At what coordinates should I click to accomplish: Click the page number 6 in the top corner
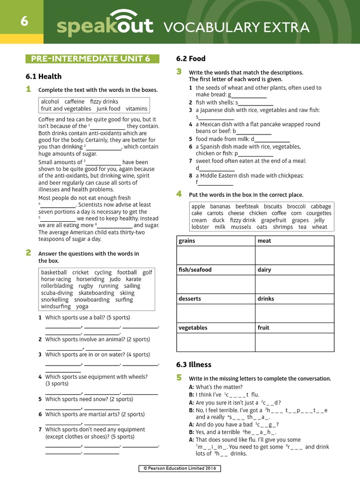coord(22,22)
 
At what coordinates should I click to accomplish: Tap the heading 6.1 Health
coord(44,76)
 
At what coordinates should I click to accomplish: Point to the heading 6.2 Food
coord(191,59)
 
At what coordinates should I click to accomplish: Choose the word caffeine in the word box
coord(75,102)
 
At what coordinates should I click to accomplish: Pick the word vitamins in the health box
coord(136,109)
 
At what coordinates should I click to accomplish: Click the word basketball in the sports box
coord(54,272)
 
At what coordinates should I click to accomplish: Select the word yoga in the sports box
coord(82,307)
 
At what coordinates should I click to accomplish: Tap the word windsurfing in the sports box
coord(56,307)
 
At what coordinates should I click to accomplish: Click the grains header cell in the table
coord(187,241)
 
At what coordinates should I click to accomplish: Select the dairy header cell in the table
coord(264,270)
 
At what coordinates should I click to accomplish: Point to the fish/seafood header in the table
coord(195,270)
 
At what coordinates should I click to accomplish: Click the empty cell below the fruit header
coord(294,342)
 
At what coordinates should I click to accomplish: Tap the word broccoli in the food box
coord(296,207)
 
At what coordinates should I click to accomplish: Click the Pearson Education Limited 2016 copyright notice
coord(180,468)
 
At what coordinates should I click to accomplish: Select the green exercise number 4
coord(179,194)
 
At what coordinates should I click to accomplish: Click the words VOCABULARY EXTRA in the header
coord(236,28)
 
